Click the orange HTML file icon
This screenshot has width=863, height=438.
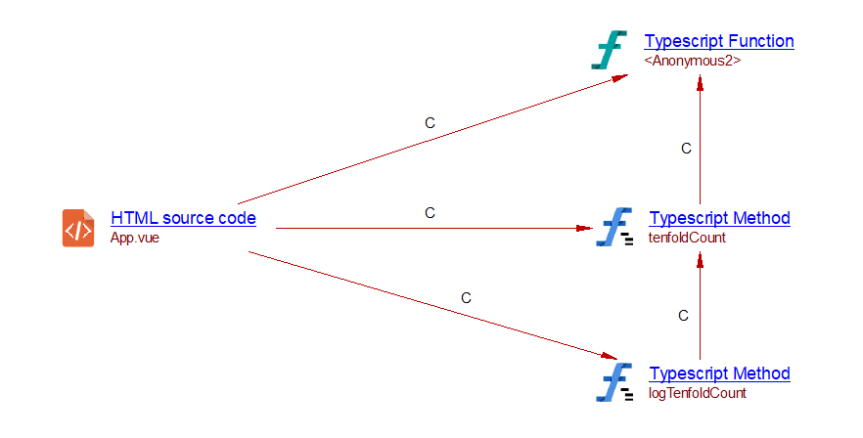78,228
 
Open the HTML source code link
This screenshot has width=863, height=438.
183,218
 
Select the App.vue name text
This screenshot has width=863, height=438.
134,237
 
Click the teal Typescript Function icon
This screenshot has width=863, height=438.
609,50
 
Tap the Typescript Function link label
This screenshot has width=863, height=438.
718,41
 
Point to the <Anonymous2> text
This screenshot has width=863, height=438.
692,60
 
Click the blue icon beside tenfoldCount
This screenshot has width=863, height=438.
613,227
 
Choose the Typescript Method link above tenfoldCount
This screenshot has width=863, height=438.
719,218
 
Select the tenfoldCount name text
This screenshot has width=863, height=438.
687,237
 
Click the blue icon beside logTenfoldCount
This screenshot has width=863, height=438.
613,382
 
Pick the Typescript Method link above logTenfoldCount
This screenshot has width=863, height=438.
719,373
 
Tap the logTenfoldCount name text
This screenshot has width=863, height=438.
697,393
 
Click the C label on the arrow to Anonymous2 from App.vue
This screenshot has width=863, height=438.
430,123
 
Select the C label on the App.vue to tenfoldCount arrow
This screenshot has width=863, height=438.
430,212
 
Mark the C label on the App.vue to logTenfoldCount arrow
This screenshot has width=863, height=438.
466,297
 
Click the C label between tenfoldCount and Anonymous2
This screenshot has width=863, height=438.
686,149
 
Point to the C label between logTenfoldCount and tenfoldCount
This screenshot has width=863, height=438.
684,315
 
